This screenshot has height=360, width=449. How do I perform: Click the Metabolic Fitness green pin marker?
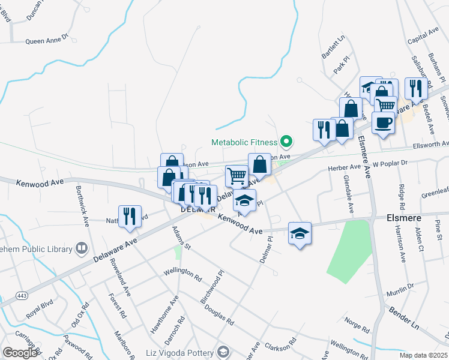(286, 142)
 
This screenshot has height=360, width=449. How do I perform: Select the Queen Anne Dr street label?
(47, 41)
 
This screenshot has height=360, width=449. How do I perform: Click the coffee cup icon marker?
(383, 123)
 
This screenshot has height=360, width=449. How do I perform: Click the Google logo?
(20, 352)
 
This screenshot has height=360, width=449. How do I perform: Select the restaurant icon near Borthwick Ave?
(130, 217)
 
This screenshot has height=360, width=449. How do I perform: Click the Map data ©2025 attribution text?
(424, 355)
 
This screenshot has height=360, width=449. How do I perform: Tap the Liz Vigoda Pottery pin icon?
(223, 352)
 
